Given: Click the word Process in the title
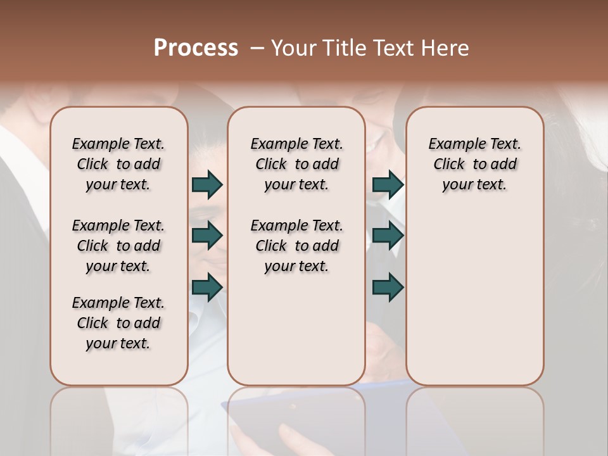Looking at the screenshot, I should (x=196, y=48).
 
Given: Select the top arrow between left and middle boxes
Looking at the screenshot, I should (x=207, y=184).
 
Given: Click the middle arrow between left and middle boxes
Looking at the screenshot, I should (x=207, y=236).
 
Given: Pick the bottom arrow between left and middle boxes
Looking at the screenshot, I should (x=207, y=288).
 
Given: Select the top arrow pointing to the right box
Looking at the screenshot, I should (x=388, y=184).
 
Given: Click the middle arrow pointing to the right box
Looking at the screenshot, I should (x=388, y=236).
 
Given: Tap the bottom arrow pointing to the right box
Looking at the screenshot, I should (x=388, y=288).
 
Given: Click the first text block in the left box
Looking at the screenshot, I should (x=118, y=164).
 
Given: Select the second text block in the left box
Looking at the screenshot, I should (x=118, y=246).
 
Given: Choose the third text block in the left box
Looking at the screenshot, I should (x=118, y=323).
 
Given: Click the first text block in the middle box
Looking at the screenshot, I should (x=296, y=164).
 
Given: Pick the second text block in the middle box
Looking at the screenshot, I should (x=296, y=246).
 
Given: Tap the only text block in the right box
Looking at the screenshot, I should (x=474, y=164).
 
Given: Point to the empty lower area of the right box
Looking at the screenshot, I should (x=474, y=298).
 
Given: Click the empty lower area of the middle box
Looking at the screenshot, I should (x=296, y=329).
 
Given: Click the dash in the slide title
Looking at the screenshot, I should (x=257, y=48).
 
